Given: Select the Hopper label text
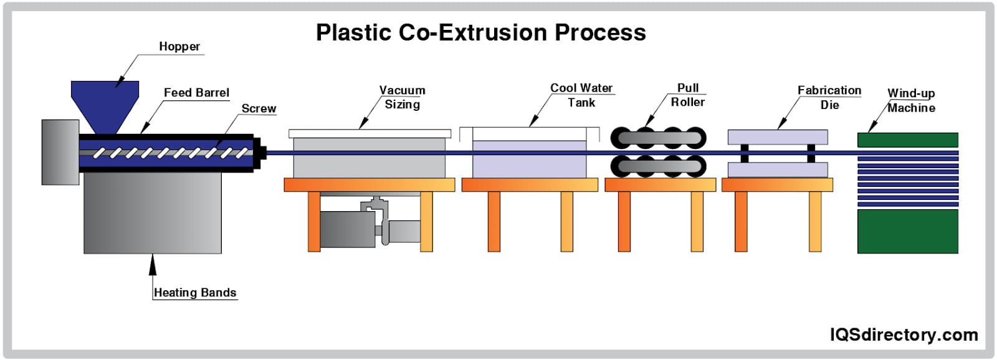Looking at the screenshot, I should pos(179,47).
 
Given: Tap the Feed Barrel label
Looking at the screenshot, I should pos(196,93).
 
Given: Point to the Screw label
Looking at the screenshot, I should pos(259,108).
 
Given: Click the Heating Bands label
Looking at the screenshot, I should pos(195,293).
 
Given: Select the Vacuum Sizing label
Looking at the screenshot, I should pos(403,97).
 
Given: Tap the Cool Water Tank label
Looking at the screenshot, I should pos(581,95).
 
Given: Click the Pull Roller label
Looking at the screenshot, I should pos(688,95).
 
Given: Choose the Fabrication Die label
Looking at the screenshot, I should pos(829,97).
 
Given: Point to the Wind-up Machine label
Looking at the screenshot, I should pos(911,100).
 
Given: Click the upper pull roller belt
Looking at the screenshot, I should pos(659,138).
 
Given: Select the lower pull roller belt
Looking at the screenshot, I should pos(659,166).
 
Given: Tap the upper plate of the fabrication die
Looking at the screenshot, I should pos(778,137).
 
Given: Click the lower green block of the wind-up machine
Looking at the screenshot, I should pos(907,231).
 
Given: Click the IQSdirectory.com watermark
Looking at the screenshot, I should pos(904,335).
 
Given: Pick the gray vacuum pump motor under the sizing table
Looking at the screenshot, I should pos(347,229).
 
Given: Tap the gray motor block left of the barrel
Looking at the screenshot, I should pos(60,152).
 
